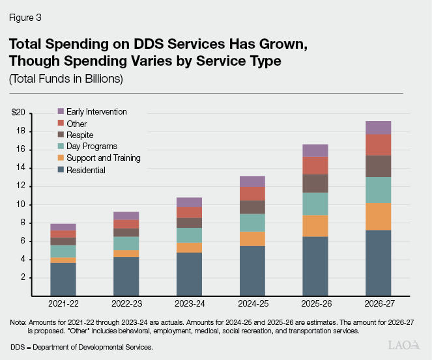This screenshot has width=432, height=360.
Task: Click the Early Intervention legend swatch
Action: point(61,112)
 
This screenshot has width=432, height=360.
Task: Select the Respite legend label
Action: point(79,135)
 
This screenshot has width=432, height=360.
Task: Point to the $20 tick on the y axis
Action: point(18,113)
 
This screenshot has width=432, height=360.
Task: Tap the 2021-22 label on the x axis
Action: point(63,304)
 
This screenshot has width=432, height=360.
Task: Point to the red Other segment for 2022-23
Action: point(126,224)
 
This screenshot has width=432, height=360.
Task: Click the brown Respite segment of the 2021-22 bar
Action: point(63,241)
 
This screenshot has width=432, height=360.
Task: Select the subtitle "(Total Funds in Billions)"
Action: point(66,79)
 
